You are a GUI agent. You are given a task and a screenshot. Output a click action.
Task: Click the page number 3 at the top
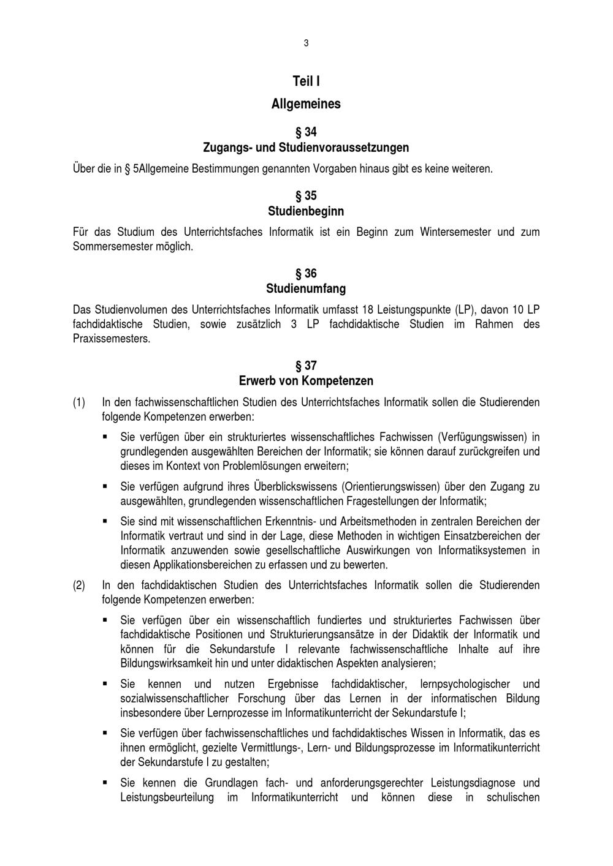pyautogui.click(x=306, y=43)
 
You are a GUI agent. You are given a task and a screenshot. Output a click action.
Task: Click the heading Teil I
pyautogui.click(x=306, y=81)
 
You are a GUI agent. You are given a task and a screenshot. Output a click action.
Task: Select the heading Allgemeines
pyautogui.click(x=306, y=104)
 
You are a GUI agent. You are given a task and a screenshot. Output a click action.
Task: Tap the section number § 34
pyautogui.click(x=306, y=132)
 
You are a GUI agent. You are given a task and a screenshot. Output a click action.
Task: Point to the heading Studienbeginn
pyautogui.click(x=306, y=211)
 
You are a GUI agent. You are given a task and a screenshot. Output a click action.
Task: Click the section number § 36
pyautogui.click(x=306, y=273)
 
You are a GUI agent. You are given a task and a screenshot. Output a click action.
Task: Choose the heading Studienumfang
pyautogui.click(x=306, y=288)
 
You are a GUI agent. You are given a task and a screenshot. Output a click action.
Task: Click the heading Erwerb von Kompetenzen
pyautogui.click(x=306, y=381)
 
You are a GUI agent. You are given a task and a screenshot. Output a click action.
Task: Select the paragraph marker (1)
pyautogui.click(x=79, y=403)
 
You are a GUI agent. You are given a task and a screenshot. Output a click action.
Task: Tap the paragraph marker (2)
pyautogui.click(x=79, y=585)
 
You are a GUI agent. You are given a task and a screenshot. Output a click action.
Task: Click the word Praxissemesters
pyautogui.click(x=111, y=339)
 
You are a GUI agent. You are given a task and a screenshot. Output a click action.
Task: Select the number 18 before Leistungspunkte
pyautogui.click(x=363, y=309)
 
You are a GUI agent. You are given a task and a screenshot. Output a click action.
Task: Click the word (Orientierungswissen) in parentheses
pyautogui.click(x=392, y=487)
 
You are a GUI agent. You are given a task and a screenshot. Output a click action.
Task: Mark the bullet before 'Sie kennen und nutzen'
pyautogui.click(x=105, y=683)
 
